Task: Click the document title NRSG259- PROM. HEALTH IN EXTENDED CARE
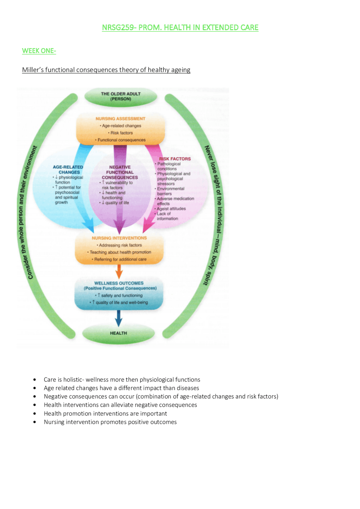(x=180, y=28)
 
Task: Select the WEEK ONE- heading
(x=39, y=51)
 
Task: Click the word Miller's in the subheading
(x=33, y=70)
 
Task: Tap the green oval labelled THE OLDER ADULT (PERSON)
(x=121, y=96)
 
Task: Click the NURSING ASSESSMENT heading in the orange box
(x=120, y=119)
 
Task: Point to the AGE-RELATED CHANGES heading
(x=68, y=169)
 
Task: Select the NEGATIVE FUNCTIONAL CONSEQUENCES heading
(x=120, y=172)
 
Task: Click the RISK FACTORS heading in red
(x=175, y=159)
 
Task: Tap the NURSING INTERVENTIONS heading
(x=119, y=238)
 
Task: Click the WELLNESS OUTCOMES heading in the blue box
(x=119, y=283)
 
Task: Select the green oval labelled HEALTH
(x=118, y=333)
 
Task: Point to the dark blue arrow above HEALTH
(x=119, y=318)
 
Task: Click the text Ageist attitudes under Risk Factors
(x=171, y=209)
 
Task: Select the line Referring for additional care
(x=120, y=259)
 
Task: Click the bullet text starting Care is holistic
(x=122, y=380)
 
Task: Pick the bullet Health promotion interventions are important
(x=105, y=414)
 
